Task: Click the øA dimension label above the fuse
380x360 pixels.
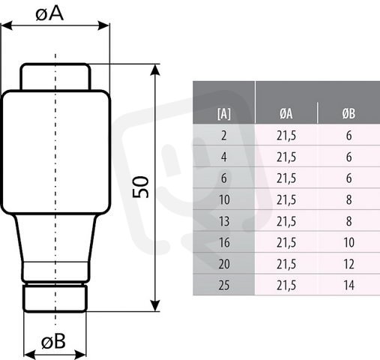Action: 49,13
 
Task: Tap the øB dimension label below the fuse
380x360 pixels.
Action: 53,341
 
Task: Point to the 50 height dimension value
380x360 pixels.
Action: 141,187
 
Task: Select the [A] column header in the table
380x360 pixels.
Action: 224,114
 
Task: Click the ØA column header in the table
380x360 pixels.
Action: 286,114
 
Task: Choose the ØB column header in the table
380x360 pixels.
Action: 349,114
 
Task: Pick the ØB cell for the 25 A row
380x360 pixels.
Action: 349,285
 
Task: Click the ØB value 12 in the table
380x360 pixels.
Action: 349,264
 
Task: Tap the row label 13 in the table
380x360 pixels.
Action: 224,221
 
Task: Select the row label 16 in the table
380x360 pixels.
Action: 224,242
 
